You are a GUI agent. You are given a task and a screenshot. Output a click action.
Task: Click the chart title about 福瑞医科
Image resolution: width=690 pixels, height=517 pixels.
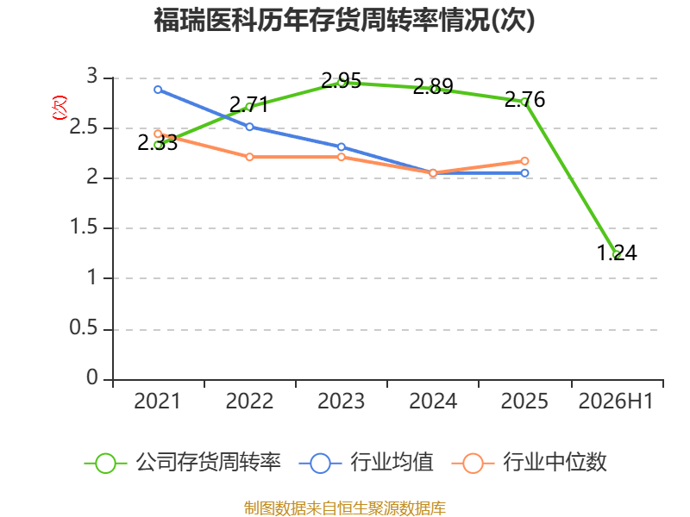344,20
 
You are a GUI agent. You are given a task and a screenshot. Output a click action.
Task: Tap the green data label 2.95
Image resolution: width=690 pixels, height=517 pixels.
341,80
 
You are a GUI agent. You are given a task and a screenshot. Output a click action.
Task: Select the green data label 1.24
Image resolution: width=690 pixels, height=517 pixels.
617,252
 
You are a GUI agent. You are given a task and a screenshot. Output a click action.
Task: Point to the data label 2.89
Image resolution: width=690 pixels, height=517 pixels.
433,86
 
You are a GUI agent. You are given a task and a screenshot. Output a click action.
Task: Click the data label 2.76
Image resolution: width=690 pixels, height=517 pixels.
524,99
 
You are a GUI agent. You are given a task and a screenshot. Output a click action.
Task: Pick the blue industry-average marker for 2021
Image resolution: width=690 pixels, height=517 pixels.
158,90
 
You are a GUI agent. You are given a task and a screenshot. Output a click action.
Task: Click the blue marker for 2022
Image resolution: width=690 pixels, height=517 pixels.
249,127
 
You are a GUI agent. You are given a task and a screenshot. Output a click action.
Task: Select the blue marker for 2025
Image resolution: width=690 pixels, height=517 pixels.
524,173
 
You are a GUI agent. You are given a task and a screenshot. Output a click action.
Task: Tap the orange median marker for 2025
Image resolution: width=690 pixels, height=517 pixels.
524,161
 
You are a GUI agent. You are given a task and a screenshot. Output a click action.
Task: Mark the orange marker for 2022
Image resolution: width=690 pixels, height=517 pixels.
249,157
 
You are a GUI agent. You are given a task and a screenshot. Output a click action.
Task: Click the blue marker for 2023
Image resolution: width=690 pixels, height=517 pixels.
341,146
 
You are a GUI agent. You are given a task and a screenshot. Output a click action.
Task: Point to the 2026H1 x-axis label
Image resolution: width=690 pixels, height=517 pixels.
616,401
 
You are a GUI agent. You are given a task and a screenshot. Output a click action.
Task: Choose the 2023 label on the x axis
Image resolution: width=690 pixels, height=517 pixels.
341,401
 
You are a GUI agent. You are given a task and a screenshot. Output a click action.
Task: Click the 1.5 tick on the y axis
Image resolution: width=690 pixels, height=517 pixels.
84,227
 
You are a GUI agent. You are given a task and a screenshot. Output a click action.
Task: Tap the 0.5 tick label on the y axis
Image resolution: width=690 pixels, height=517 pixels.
84,328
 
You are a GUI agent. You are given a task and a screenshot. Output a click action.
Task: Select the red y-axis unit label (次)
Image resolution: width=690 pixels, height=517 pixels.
60,108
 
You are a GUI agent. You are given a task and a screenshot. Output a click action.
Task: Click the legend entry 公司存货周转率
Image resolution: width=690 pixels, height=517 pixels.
183,463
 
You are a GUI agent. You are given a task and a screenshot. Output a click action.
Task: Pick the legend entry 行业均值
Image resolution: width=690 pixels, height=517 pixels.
366,463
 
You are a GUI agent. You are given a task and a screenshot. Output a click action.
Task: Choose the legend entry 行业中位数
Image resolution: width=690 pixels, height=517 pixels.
530,463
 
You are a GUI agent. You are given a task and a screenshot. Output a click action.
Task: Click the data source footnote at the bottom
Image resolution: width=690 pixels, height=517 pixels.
345,508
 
